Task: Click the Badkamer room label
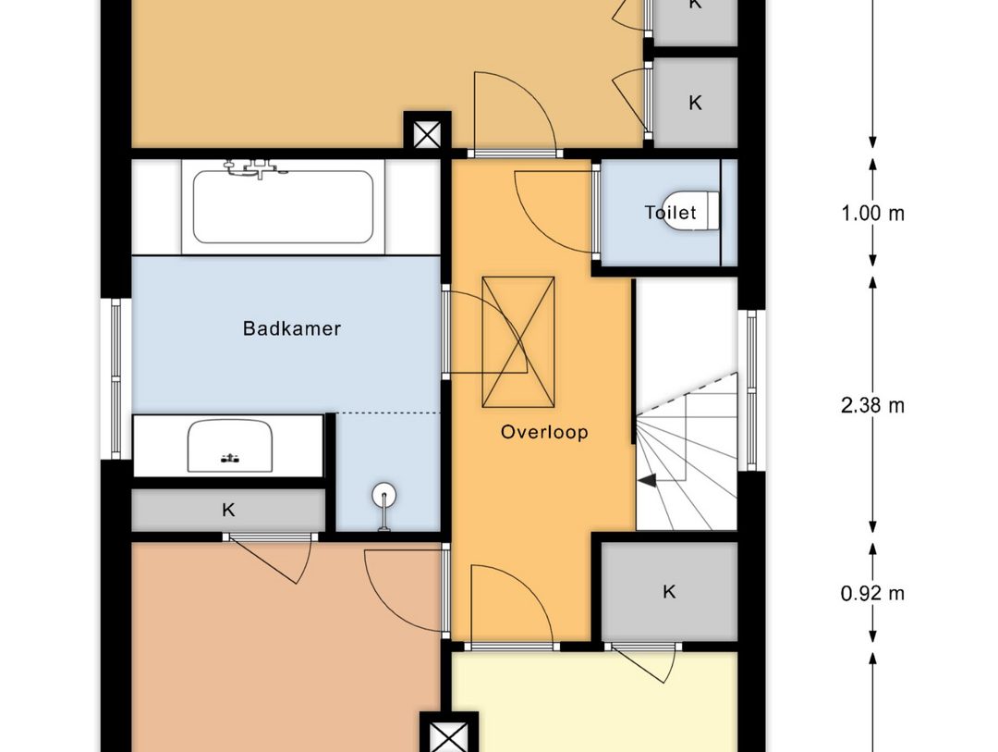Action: click(292, 329)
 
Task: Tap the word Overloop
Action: click(544, 432)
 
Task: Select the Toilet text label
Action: click(670, 212)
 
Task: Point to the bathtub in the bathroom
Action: click(284, 206)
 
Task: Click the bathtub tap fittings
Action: click(254, 167)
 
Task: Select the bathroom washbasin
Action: click(230, 446)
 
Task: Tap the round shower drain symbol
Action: click(383, 495)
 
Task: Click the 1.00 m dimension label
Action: click(872, 214)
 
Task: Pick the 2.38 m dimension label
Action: click(872, 405)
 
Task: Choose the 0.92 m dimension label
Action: click(872, 593)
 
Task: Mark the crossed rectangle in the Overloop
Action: click(518, 342)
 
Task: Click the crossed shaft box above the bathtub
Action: click(428, 134)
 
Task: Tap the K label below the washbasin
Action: click(228, 510)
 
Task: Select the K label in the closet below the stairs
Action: click(669, 591)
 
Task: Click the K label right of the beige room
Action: click(695, 103)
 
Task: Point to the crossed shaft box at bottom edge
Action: click(449, 737)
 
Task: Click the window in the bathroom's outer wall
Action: click(116, 378)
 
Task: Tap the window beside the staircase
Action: click(751, 390)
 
